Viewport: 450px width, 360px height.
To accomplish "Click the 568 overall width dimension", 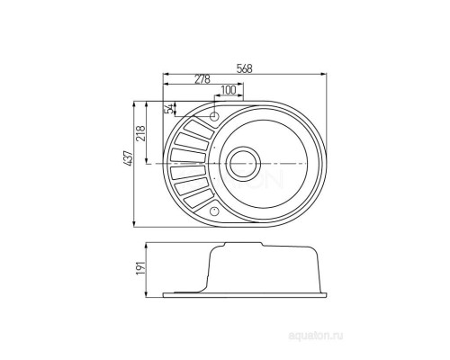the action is click(245, 68).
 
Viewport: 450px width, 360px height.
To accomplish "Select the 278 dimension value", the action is click(202, 79).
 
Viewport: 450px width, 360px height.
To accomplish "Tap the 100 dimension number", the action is click(229, 90).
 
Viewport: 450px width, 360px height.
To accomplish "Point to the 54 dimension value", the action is click(170, 109).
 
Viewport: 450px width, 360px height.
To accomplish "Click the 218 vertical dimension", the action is click(140, 133).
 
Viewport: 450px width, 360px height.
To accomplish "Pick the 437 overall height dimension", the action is click(128, 158).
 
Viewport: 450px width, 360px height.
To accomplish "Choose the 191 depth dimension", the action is click(141, 267).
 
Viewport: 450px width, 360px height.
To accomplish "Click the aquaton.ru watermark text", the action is click(315, 336).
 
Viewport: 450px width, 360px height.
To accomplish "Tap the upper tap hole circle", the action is click(214, 116).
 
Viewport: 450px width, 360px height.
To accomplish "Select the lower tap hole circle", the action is click(214, 211).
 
